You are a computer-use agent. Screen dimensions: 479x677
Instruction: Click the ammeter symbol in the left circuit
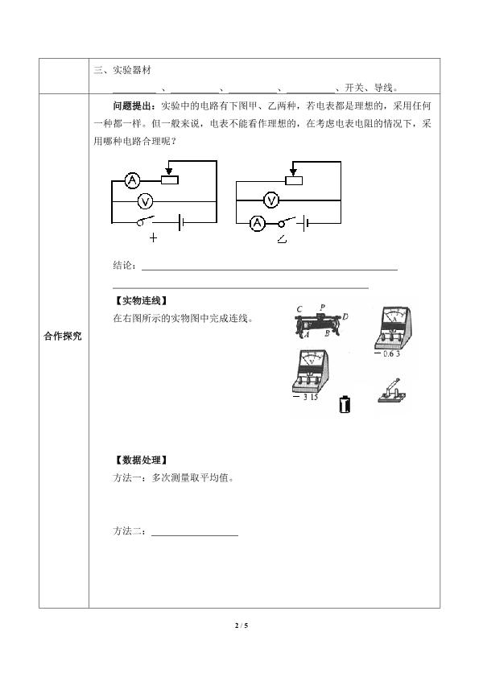point(133,180)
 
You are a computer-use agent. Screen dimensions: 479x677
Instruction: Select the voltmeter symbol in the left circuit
point(146,201)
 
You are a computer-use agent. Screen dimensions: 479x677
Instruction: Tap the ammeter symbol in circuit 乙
point(258,223)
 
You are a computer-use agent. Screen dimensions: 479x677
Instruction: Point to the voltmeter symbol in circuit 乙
point(271,200)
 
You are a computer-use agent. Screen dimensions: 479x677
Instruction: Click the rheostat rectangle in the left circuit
point(170,180)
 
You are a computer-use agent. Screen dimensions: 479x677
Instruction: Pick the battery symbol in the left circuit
point(181,223)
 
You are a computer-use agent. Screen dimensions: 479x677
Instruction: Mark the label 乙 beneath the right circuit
point(282,238)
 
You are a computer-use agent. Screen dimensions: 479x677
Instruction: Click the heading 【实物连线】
point(141,300)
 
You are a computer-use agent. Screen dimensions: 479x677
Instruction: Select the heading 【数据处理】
point(141,460)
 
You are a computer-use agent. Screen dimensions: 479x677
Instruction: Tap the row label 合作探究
point(63,336)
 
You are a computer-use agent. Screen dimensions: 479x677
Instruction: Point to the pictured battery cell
point(345,404)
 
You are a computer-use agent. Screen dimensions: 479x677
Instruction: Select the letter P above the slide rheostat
point(322,308)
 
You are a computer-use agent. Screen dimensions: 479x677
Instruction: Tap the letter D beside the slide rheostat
point(345,316)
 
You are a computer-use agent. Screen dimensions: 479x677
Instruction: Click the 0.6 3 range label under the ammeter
point(387,353)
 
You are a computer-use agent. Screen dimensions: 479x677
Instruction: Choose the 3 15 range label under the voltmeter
point(305,397)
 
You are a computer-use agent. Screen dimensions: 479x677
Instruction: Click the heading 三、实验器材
point(122,70)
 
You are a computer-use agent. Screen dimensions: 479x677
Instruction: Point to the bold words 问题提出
point(132,105)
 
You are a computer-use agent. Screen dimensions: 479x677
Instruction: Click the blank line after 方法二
point(195,535)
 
